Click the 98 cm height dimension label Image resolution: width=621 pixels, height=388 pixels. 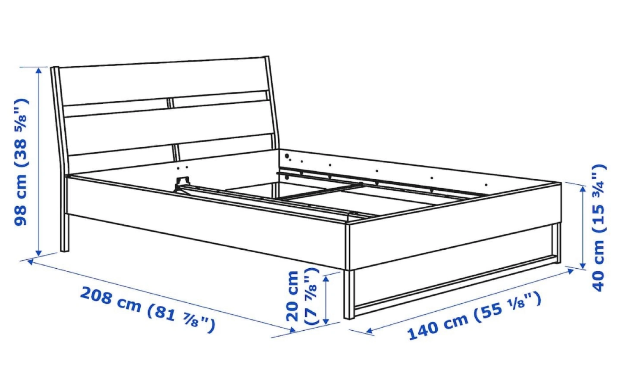click(21, 162)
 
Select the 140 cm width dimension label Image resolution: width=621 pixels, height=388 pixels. click(474, 317)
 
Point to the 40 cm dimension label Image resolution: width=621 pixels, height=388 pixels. click(599, 228)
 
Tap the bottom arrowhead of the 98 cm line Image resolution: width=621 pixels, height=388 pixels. click(39, 253)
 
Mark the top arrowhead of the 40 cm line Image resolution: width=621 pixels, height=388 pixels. click(583, 189)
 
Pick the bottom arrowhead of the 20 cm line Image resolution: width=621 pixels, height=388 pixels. click(326, 321)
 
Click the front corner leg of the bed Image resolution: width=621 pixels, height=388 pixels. click(349, 294)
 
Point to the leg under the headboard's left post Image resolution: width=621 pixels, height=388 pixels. click(64, 233)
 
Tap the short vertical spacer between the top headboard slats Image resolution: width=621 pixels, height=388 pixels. click(169, 103)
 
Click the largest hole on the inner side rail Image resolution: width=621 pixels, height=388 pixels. click(287, 156)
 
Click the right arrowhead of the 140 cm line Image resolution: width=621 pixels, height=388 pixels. click(571, 271)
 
